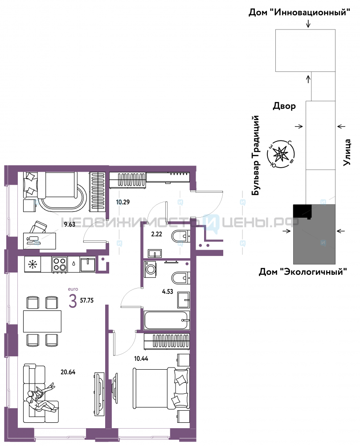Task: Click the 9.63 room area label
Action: click(70, 224)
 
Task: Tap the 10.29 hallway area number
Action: click(123, 202)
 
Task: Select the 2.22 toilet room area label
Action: click(156, 234)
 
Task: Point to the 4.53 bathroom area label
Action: click(168, 292)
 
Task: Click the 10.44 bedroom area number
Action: click(141, 359)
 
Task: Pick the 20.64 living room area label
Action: click(68, 372)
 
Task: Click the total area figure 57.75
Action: click(87, 300)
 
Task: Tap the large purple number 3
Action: click(73, 301)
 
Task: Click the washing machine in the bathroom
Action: click(150, 269)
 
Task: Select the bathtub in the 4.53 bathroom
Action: click(167, 320)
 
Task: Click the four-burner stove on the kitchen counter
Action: click(59, 264)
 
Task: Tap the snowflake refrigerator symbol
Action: click(33, 264)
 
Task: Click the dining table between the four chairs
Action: click(42, 322)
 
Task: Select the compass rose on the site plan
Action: click(281, 154)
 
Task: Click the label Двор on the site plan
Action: click(284, 106)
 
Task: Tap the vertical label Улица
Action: click(347, 152)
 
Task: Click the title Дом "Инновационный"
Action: click(299, 12)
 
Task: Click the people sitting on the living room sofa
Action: click(41, 398)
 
